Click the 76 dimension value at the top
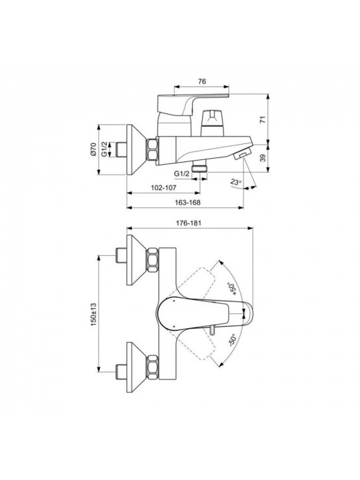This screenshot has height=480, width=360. (x=202, y=81)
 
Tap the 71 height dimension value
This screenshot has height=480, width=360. (x=263, y=119)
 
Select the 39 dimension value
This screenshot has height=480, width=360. (x=263, y=158)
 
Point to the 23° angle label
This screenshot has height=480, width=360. (x=236, y=183)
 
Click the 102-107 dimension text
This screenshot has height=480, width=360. (x=164, y=188)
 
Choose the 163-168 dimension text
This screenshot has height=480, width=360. (x=187, y=203)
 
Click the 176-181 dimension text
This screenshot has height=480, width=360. (x=189, y=223)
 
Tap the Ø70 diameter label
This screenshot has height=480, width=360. (x=94, y=150)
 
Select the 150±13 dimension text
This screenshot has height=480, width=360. (x=94, y=315)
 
